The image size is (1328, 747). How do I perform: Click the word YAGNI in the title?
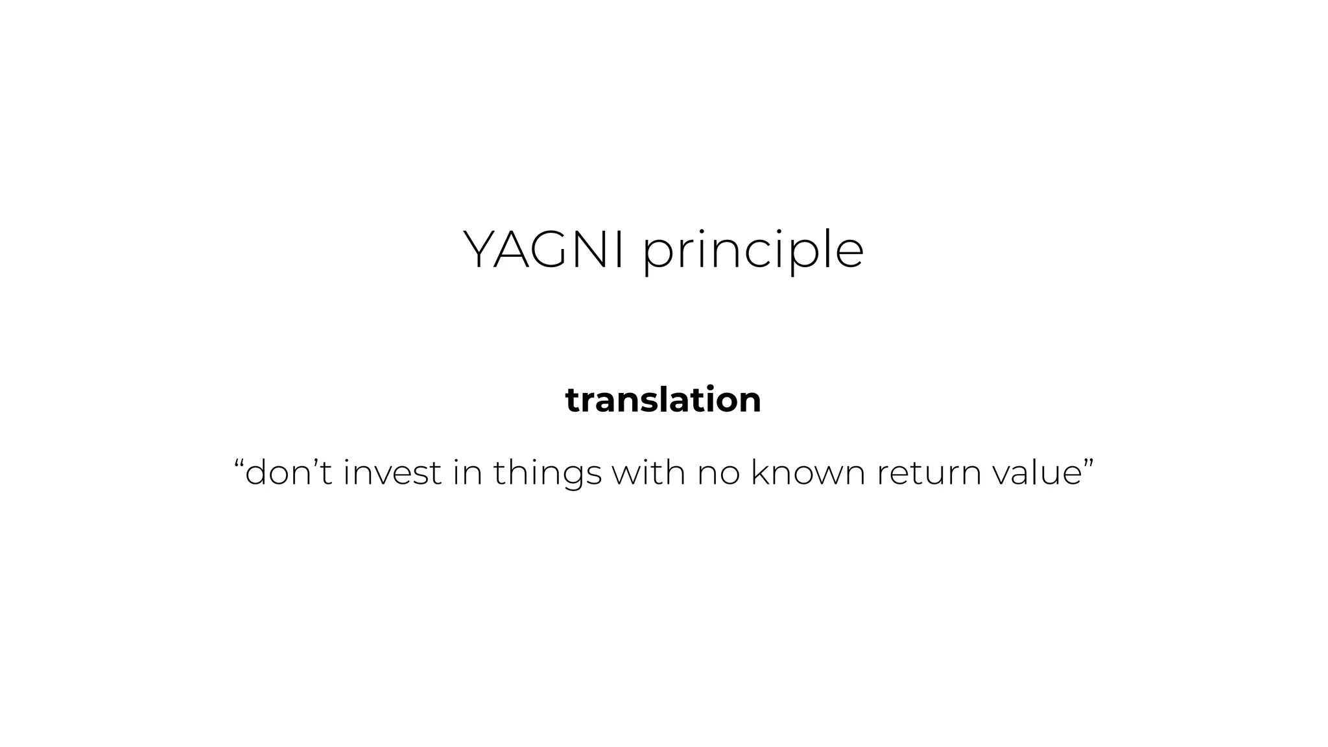pos(543,250)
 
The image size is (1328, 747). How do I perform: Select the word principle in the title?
pos(753,252)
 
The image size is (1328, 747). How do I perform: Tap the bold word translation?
pos(663,399)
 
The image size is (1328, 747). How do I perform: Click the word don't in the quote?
pos(289,472)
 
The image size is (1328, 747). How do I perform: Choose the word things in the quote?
pos(547,473)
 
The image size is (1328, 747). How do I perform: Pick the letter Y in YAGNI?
pos(480,250)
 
